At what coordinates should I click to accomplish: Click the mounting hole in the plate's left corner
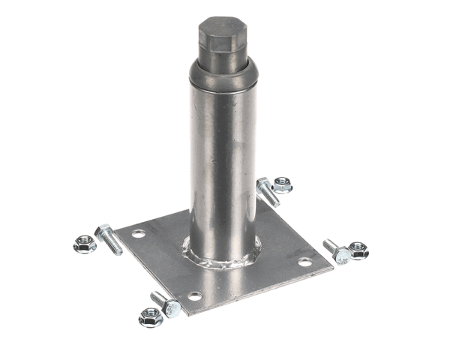point(138,235)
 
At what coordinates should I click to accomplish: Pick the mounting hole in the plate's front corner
point(194,296)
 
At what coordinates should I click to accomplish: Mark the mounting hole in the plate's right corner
point(304,262)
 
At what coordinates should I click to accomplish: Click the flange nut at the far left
point(84,244)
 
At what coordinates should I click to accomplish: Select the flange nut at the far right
point(359,250)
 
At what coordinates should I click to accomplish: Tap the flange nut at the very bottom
point(150,317)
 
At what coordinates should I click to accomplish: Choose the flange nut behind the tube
point(282,184)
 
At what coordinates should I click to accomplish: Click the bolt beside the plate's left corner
point(109,238)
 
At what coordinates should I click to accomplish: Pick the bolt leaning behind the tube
point(268,192)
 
